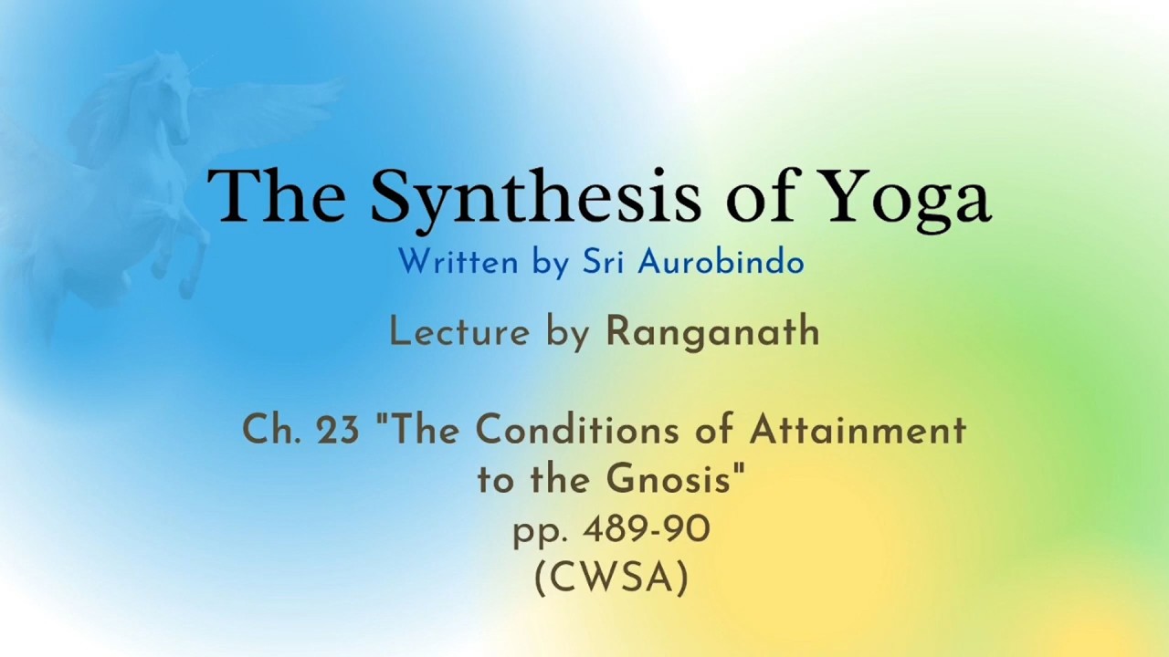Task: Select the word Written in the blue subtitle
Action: click(x=458, y=261)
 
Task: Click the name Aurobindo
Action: click(x=721, y=261)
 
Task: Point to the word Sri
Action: click(x=604, y=261)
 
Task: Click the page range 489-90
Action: click(x=647, y=530)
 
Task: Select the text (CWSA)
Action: click(x=611, y=579)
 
